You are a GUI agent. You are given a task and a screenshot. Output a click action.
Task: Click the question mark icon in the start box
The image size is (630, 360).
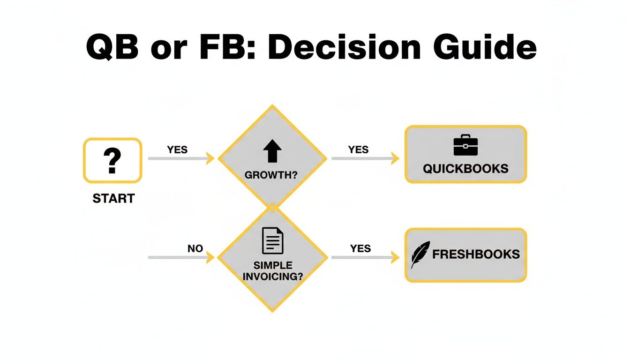point(112,160)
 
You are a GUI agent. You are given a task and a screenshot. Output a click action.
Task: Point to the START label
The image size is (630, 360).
point(113,199)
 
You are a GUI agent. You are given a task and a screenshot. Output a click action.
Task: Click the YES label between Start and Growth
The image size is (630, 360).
point(177,150)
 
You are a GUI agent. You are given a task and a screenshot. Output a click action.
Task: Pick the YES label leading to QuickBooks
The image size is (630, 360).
point(359,150)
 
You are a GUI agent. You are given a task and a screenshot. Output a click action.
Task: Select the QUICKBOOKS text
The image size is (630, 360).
point(465,168)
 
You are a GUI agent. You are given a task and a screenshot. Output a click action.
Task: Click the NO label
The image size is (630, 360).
point(195,249)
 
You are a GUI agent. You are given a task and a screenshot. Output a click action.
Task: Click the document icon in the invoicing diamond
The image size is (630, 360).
point(272,240)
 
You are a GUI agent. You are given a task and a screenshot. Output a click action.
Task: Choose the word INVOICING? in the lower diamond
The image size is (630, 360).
point(272,276)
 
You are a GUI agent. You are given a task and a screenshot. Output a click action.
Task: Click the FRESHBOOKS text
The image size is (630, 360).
point(476,255)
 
